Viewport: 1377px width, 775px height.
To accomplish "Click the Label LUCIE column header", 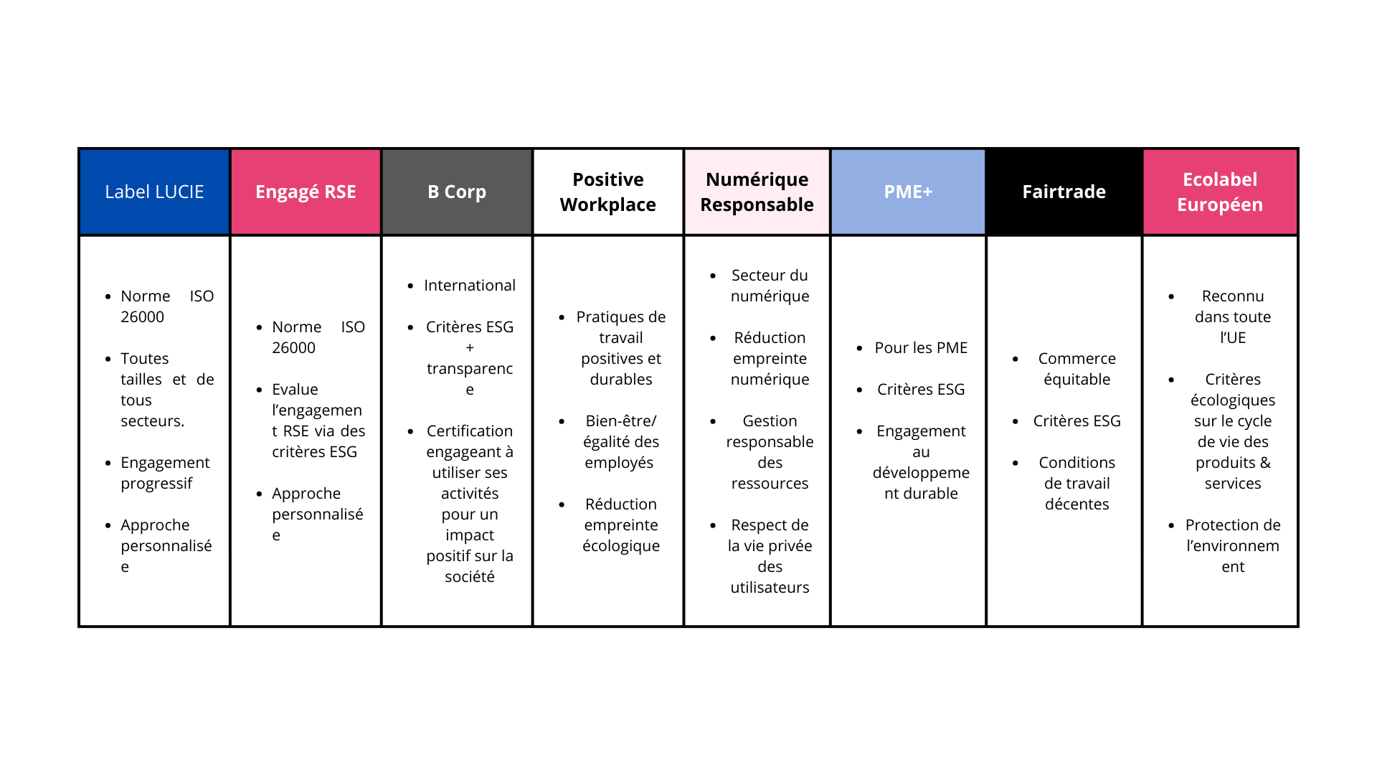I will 154,192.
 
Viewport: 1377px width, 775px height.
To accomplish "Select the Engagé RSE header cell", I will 306,192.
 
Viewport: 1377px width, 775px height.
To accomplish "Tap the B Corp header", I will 457,192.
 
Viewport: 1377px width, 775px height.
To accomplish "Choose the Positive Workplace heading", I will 607,192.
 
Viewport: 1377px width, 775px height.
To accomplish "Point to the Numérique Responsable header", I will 757,192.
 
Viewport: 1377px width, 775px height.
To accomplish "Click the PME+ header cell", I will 908,192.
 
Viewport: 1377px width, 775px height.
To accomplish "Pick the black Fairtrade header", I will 1064,192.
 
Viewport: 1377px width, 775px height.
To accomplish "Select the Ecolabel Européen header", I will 1219,192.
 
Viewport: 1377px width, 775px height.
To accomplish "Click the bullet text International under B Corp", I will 470,286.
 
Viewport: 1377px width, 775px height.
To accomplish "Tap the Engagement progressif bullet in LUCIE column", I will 165,473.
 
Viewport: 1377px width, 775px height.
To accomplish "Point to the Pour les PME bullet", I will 921,348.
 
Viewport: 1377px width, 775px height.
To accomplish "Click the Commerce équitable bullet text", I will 1076,369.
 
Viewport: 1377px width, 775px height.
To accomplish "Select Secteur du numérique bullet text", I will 770,286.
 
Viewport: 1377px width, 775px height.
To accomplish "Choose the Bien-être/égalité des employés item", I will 620,441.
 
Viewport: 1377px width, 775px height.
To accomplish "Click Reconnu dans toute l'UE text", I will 1232,316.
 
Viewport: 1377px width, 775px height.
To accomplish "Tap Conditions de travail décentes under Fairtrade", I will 1076,483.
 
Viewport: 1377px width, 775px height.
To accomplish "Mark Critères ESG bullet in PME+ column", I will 921,390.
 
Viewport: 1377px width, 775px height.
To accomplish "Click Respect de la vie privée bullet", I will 770,556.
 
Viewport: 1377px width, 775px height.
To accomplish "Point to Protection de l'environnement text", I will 1232,545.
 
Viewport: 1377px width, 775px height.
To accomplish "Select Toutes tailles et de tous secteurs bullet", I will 166,390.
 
